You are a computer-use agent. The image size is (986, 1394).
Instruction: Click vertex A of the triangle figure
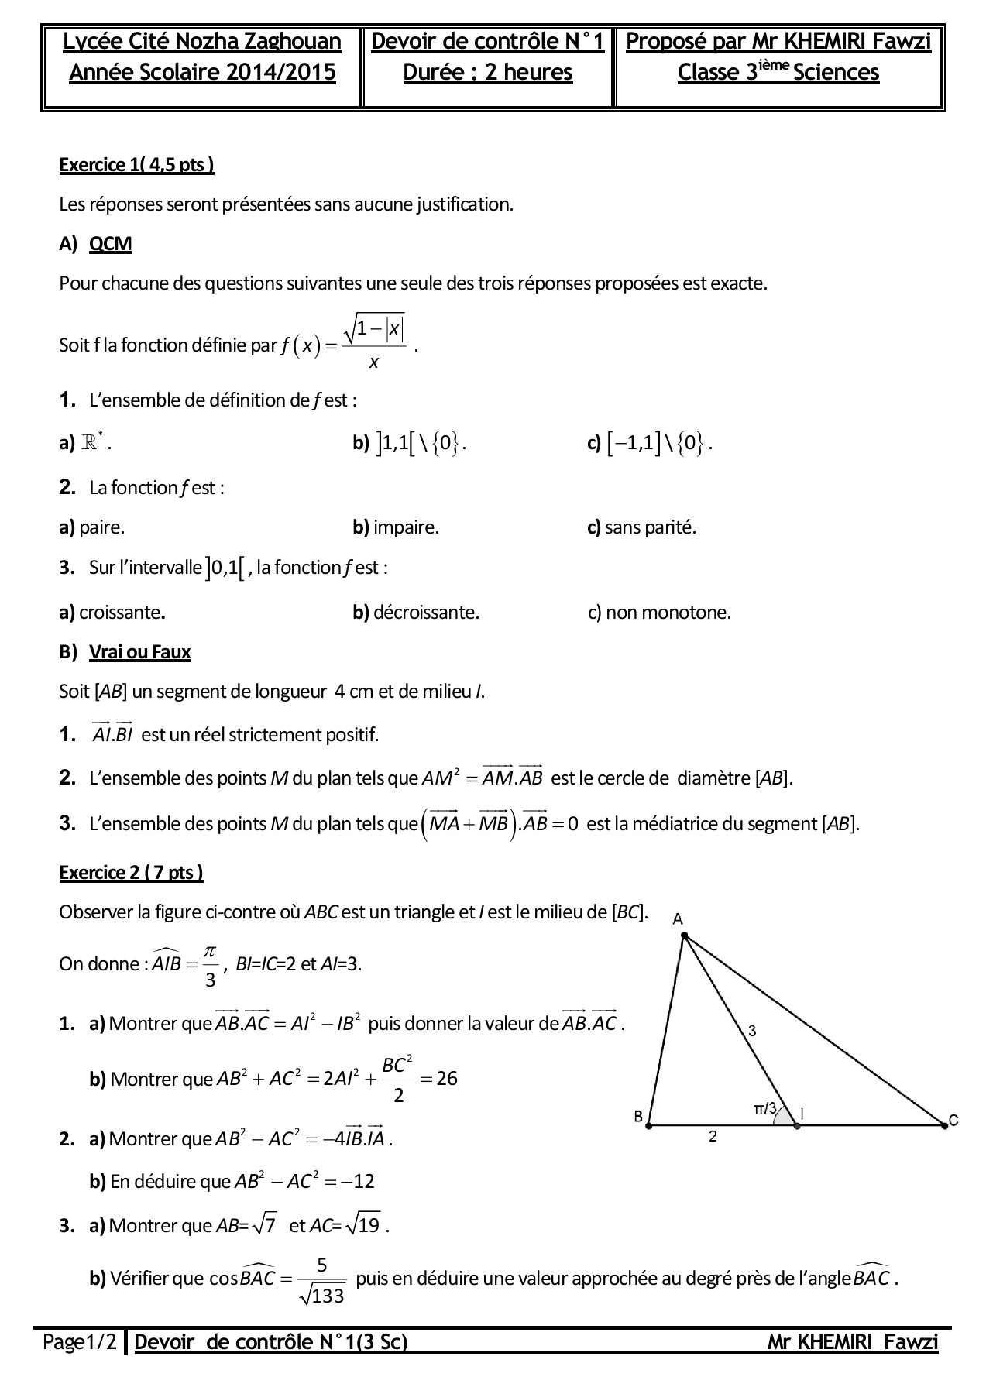point(684,935)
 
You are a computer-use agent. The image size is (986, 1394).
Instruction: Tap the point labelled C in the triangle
point(944,1125)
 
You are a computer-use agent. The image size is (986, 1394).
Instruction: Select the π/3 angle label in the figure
point(764,1108)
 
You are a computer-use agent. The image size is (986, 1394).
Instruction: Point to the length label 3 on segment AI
point(752,1031)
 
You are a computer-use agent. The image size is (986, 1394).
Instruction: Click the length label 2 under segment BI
point(713,1137)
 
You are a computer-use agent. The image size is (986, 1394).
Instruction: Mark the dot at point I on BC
point(797,1125)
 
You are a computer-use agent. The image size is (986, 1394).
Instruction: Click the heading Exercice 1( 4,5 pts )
point(136,165)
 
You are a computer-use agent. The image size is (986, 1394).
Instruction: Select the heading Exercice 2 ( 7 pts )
point(131,873)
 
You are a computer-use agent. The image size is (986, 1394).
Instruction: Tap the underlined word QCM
point(110,244)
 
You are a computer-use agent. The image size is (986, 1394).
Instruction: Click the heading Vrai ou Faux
point(139,652)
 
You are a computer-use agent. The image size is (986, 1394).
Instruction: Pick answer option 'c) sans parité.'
point(641,528)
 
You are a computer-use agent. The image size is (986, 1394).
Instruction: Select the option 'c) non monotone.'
point(659,613)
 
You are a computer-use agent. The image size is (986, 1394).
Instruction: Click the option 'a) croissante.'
point(112,613)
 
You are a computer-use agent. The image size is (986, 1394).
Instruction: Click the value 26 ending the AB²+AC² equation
point(447,1078)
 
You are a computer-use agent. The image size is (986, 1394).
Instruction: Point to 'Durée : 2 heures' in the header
point(488,72)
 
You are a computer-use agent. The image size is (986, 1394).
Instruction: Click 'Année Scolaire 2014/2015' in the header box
point(202,72)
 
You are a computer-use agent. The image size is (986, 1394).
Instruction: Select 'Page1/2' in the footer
point(80,1342)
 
